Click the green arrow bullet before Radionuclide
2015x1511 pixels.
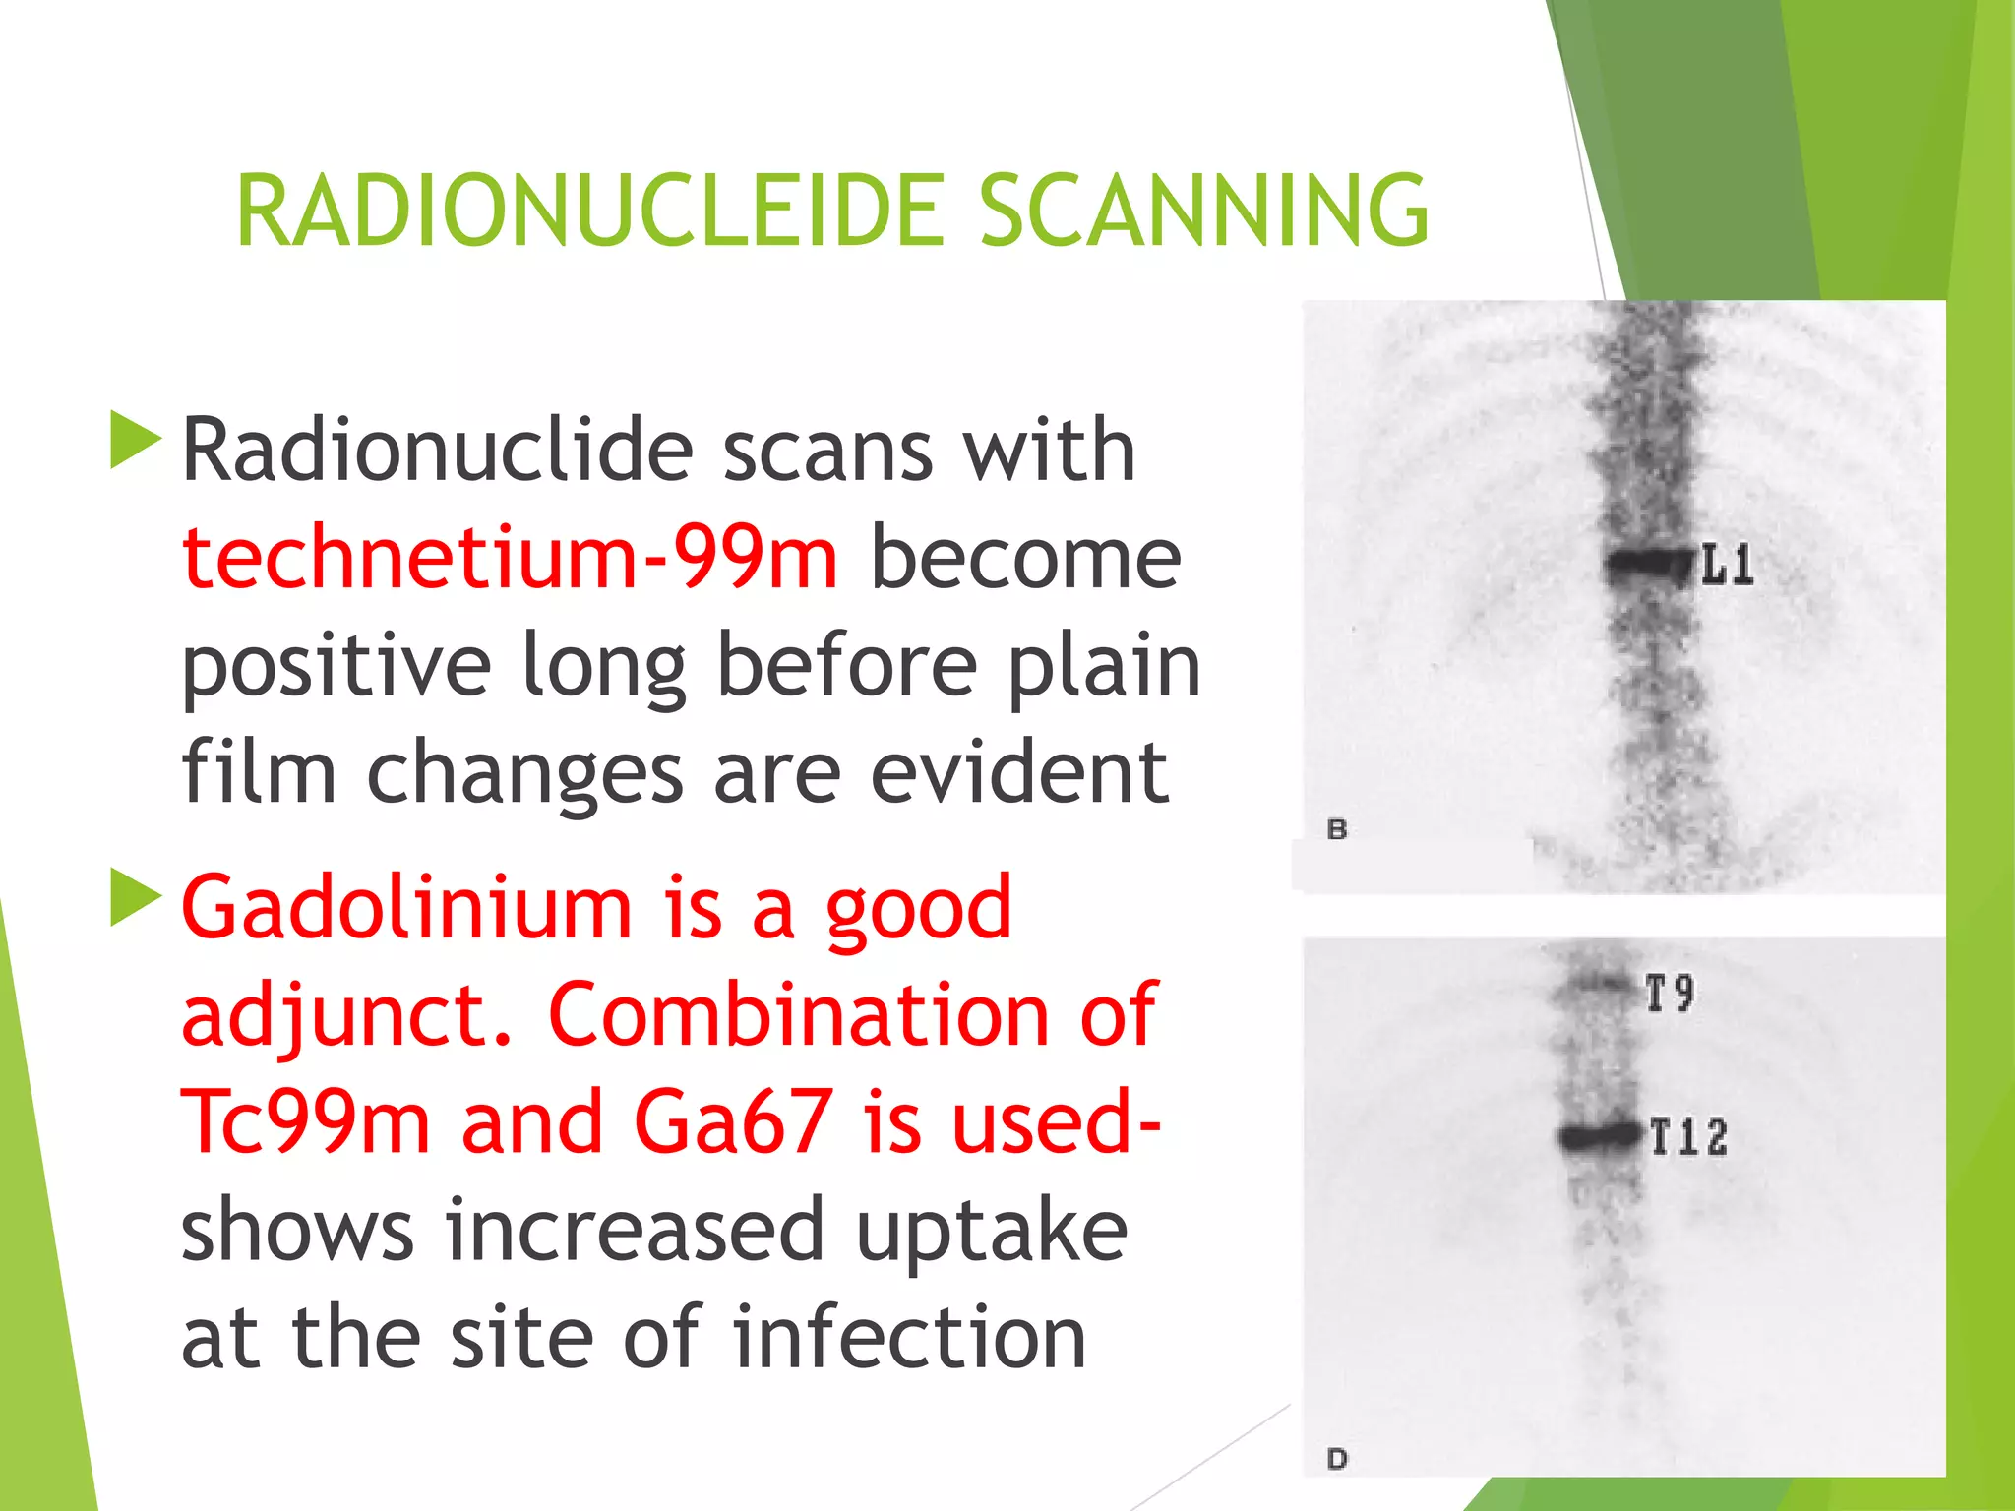click(x=135, y=440)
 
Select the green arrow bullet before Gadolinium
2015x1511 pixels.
click(x=135, y=897)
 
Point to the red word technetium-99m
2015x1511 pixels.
click(x=510, y=558)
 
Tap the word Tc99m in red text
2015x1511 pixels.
click(x=306, y=1122)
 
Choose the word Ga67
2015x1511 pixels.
click(x=733, y=1122)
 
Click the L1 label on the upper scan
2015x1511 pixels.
click(x=1727, y=567)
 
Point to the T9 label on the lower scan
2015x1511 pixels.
click(x=1671, y=993)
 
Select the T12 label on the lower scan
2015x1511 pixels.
click(x=1688, y=1137)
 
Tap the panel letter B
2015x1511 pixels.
click(x=1336, y=829)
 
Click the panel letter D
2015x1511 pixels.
click(x=1336, y=1458)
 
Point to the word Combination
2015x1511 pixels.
click(x=799, y=1015)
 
